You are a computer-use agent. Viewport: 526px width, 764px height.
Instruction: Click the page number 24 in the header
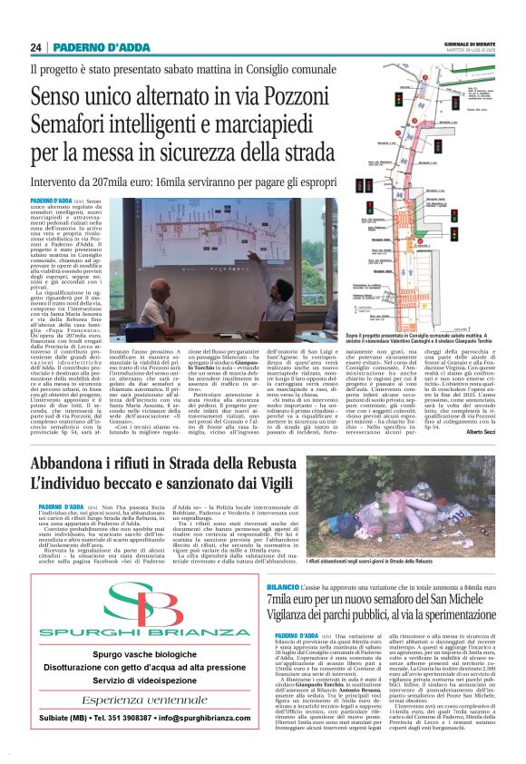pyautogui.click(x=36, y=47)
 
